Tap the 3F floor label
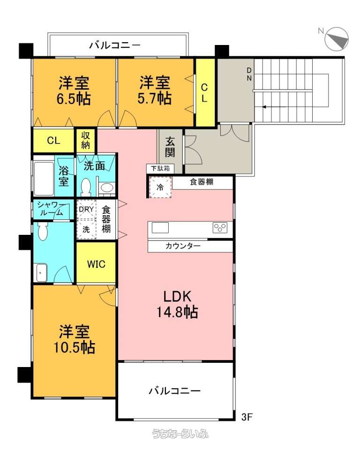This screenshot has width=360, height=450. [247, 417]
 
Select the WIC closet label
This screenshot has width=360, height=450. [96, 264]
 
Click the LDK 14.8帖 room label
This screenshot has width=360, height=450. [177, 304]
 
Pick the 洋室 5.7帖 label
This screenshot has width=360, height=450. [155, 90]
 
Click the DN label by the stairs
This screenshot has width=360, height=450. [249, 74]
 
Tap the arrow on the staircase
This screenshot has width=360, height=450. [274, 107]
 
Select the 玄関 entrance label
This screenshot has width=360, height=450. [170, 147]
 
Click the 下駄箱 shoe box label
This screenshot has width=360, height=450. [160, 168]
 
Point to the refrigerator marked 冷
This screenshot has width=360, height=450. [160, 187]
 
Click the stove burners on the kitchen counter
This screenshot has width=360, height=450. [220, 228]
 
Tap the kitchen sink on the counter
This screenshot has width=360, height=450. [160, 228]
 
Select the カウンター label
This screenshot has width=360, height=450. [183, 246]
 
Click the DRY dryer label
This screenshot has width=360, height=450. [86, 209]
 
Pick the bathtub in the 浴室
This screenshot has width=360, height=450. [44, 179]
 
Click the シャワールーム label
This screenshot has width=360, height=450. [51, 209]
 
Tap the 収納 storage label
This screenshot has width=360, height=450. [85, 140]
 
